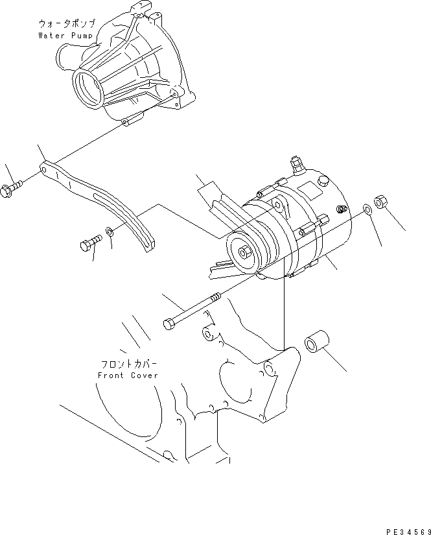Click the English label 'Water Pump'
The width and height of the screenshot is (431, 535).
coord(66,35)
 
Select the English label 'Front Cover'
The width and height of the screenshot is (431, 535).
coord(127,375)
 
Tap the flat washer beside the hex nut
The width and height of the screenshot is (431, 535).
coord(367,209)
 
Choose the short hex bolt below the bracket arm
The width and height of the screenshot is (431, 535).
coord(89,244)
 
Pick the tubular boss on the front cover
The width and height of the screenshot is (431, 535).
coord(209,334)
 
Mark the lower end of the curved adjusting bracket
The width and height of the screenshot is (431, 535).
coord(148,248)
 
